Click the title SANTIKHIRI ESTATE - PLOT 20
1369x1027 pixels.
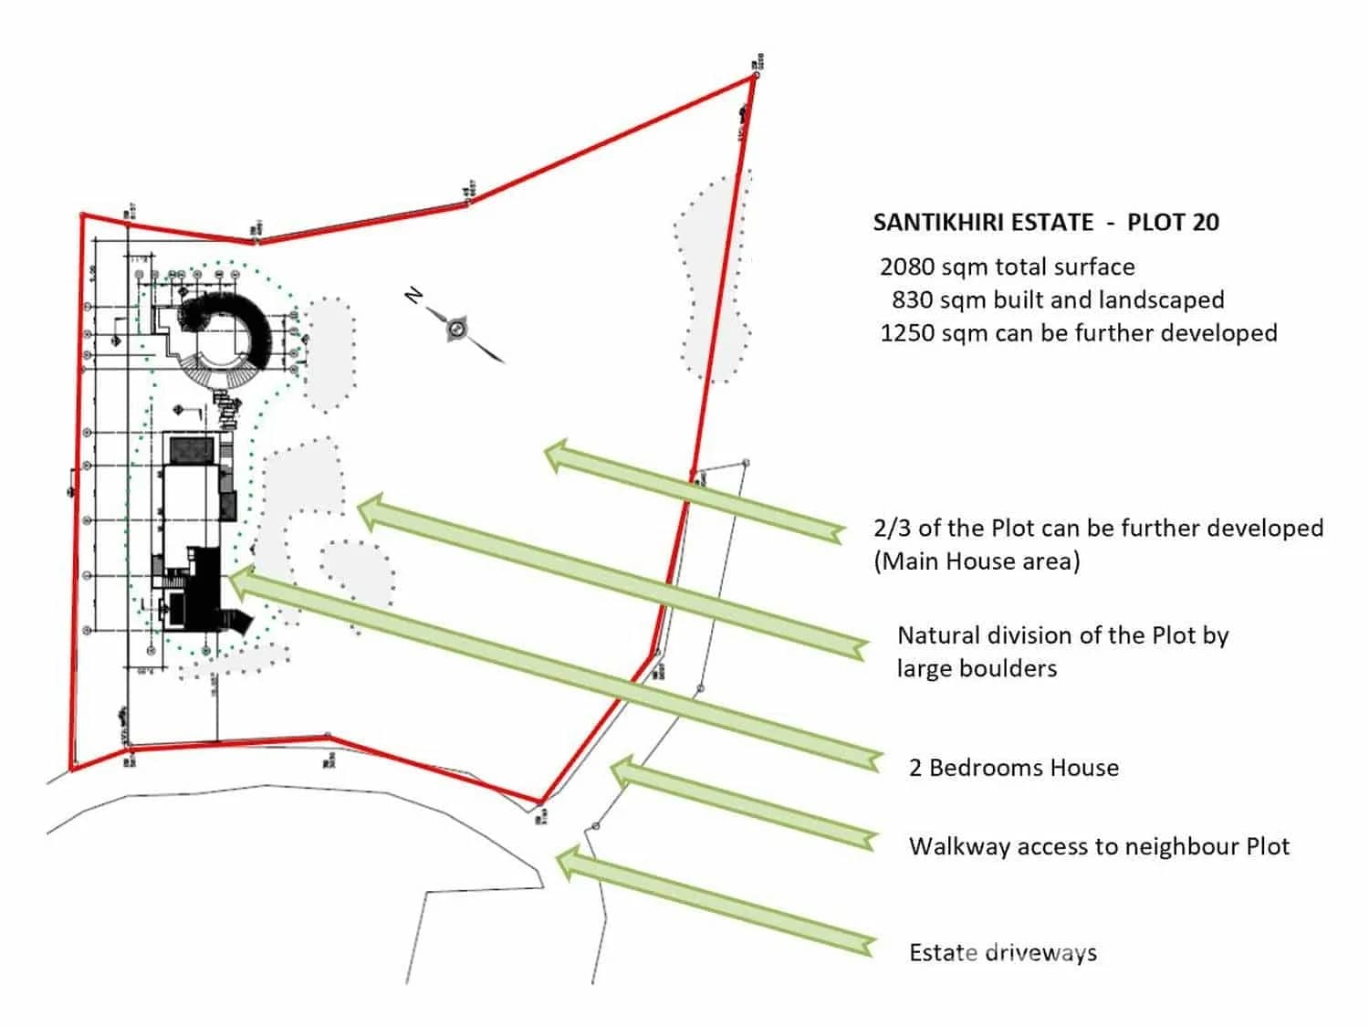[1046, 223]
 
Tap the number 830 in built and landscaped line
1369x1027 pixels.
[913, 300]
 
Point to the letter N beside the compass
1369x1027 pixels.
[414, 295]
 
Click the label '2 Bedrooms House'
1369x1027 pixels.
[1013, 768]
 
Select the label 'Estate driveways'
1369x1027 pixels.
[1002, 953]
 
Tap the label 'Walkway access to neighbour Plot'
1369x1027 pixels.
[1099, 846]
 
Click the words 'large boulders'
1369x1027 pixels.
[977, 668]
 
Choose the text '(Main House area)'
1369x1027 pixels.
[977, 561]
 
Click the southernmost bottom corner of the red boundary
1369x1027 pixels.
[540, 803]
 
